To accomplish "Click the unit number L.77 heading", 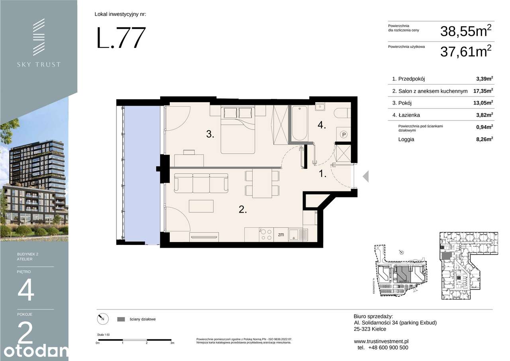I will pos(121,38).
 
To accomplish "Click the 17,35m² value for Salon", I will pos(483,91).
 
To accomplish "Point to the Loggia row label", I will pos(406,139).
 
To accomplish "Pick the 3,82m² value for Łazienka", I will pos(484,115).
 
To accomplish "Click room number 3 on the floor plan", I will pos(210,134).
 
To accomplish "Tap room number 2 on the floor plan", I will pos(243,209).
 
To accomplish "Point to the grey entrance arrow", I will pos(365,176).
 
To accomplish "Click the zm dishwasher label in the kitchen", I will pos(281,235).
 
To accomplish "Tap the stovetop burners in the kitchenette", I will pos(266,234).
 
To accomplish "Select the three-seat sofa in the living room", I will pos(201,183).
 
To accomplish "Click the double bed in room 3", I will pos(238,130).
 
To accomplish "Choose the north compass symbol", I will pos(102,319).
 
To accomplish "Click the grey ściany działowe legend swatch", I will pos(122,319).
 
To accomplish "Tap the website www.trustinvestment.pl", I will pos(381,341).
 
